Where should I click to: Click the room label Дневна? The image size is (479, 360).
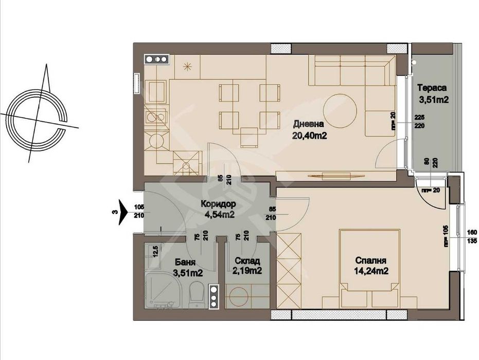(x=309, y=124)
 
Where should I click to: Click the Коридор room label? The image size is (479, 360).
(x=218, y=204)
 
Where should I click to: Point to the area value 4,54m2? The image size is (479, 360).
(x=218, y=215)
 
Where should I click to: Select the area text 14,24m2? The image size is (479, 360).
(x=370, y=271)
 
